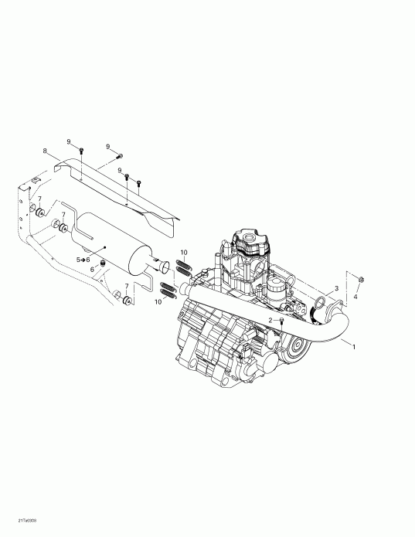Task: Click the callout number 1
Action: coord(354,346)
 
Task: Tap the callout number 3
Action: coord(336,288)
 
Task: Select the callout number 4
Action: coord(355,295)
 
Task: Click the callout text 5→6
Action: coord(83,259)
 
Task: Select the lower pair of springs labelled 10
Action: coord(168,290)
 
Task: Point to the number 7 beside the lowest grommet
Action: coord(126,286)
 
